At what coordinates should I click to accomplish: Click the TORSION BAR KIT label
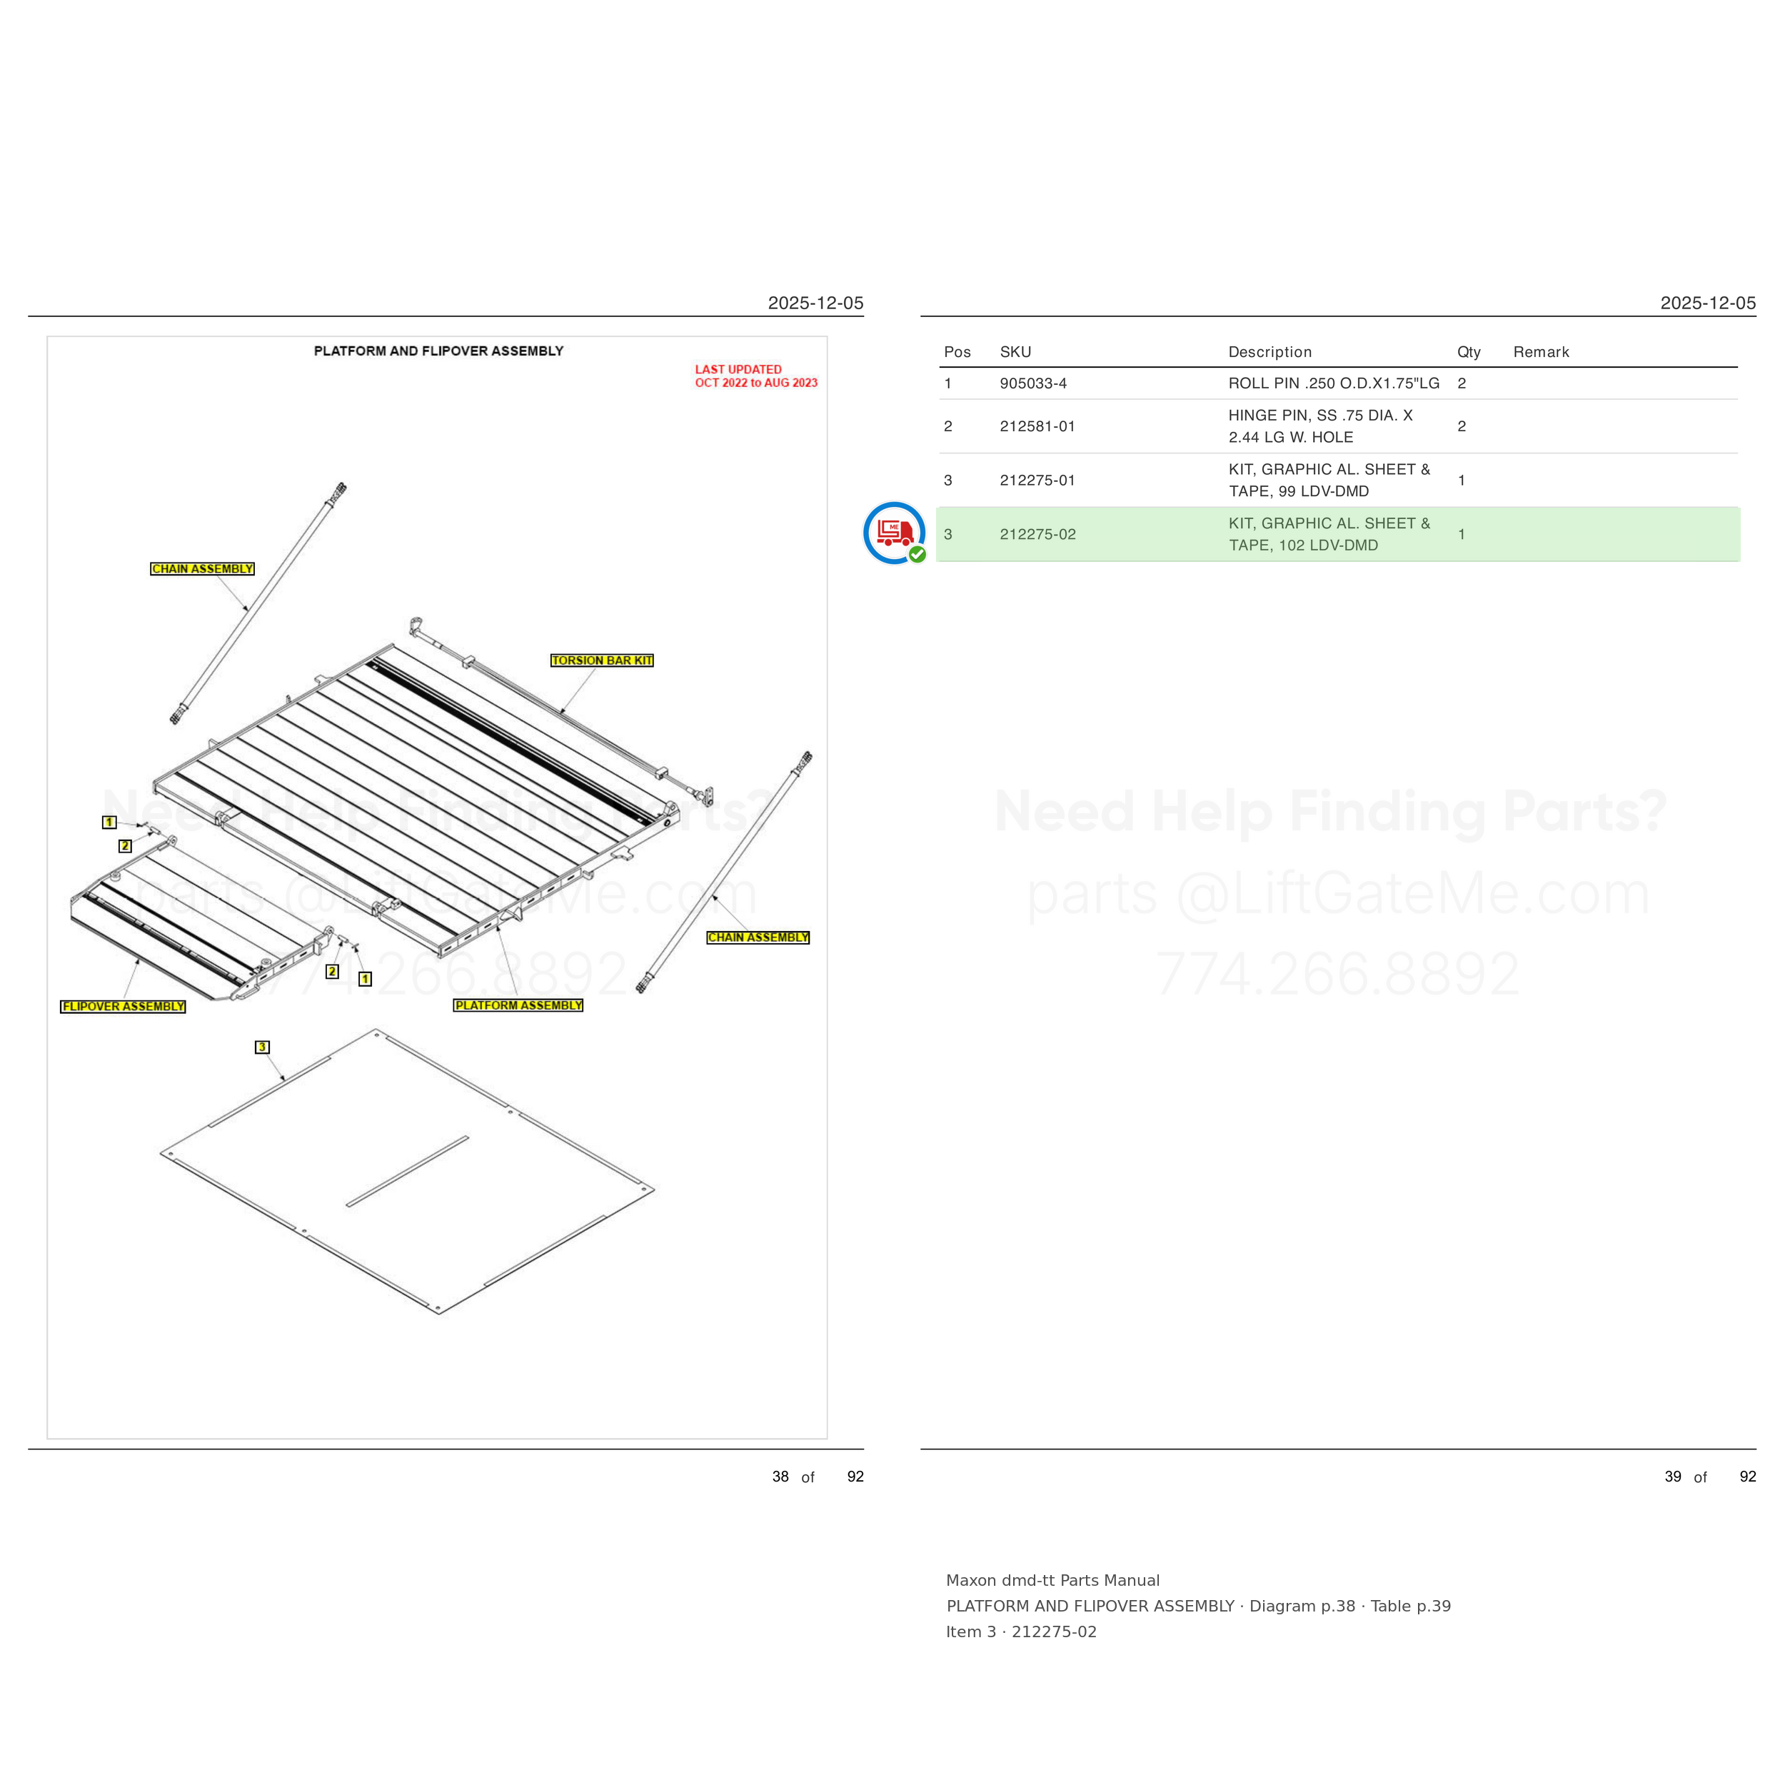601,660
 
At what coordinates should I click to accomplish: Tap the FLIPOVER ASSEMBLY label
123,1006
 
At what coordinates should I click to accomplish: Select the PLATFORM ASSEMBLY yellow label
518,1005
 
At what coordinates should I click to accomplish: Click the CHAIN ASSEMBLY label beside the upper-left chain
202,569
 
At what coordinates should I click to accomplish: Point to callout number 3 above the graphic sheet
262,1047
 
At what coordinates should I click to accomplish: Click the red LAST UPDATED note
755,376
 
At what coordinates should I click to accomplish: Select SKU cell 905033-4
1033,383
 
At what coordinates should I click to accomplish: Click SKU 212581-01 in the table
1037,426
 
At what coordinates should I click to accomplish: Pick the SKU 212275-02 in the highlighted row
1037,534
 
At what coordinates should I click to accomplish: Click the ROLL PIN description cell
1333,383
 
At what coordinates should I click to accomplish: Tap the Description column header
1269,352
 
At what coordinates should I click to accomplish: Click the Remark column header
1541,352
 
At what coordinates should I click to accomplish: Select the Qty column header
1469,352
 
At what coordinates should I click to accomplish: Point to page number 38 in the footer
780,1477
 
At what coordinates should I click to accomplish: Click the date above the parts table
1707,303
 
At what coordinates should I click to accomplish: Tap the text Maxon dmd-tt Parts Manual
1052,1580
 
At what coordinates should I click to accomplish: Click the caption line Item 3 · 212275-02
1021,1631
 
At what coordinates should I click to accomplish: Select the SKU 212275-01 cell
1037,481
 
